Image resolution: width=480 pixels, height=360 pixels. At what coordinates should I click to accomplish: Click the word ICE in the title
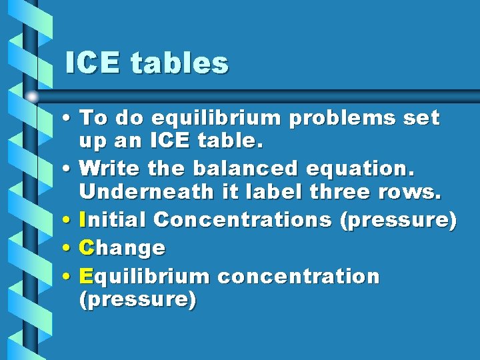tap(92, 63)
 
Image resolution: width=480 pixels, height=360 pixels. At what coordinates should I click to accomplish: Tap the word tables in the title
tap(179, 63)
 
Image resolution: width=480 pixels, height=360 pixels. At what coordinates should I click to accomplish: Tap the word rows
tap(415, 193)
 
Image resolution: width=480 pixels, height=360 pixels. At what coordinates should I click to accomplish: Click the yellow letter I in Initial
tap(82, 219)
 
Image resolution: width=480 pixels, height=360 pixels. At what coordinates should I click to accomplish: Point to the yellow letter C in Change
tap(86, 248)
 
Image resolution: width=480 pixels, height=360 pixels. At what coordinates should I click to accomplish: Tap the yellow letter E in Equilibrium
tap(85, 276)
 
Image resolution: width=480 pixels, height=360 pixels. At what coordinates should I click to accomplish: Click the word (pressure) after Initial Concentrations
tap(398, 220)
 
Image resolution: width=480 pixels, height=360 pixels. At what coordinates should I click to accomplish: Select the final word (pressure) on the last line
tap(137, 301)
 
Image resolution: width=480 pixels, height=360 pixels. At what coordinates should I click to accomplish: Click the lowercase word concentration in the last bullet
tap(299, 276)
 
